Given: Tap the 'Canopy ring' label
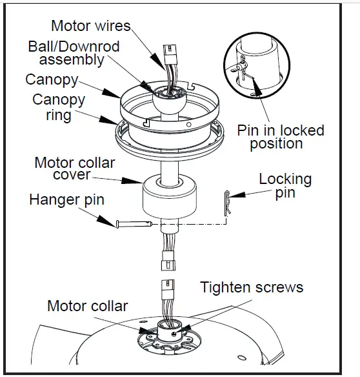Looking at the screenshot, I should coord(59,108).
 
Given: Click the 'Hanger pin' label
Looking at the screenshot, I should coord(66,199).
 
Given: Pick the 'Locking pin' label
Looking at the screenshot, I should coord(285,186).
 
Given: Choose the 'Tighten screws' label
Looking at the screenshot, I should coord(251,287).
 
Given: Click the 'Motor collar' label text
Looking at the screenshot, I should coord(87,306).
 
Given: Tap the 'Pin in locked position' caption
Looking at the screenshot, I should coord(280,137).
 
